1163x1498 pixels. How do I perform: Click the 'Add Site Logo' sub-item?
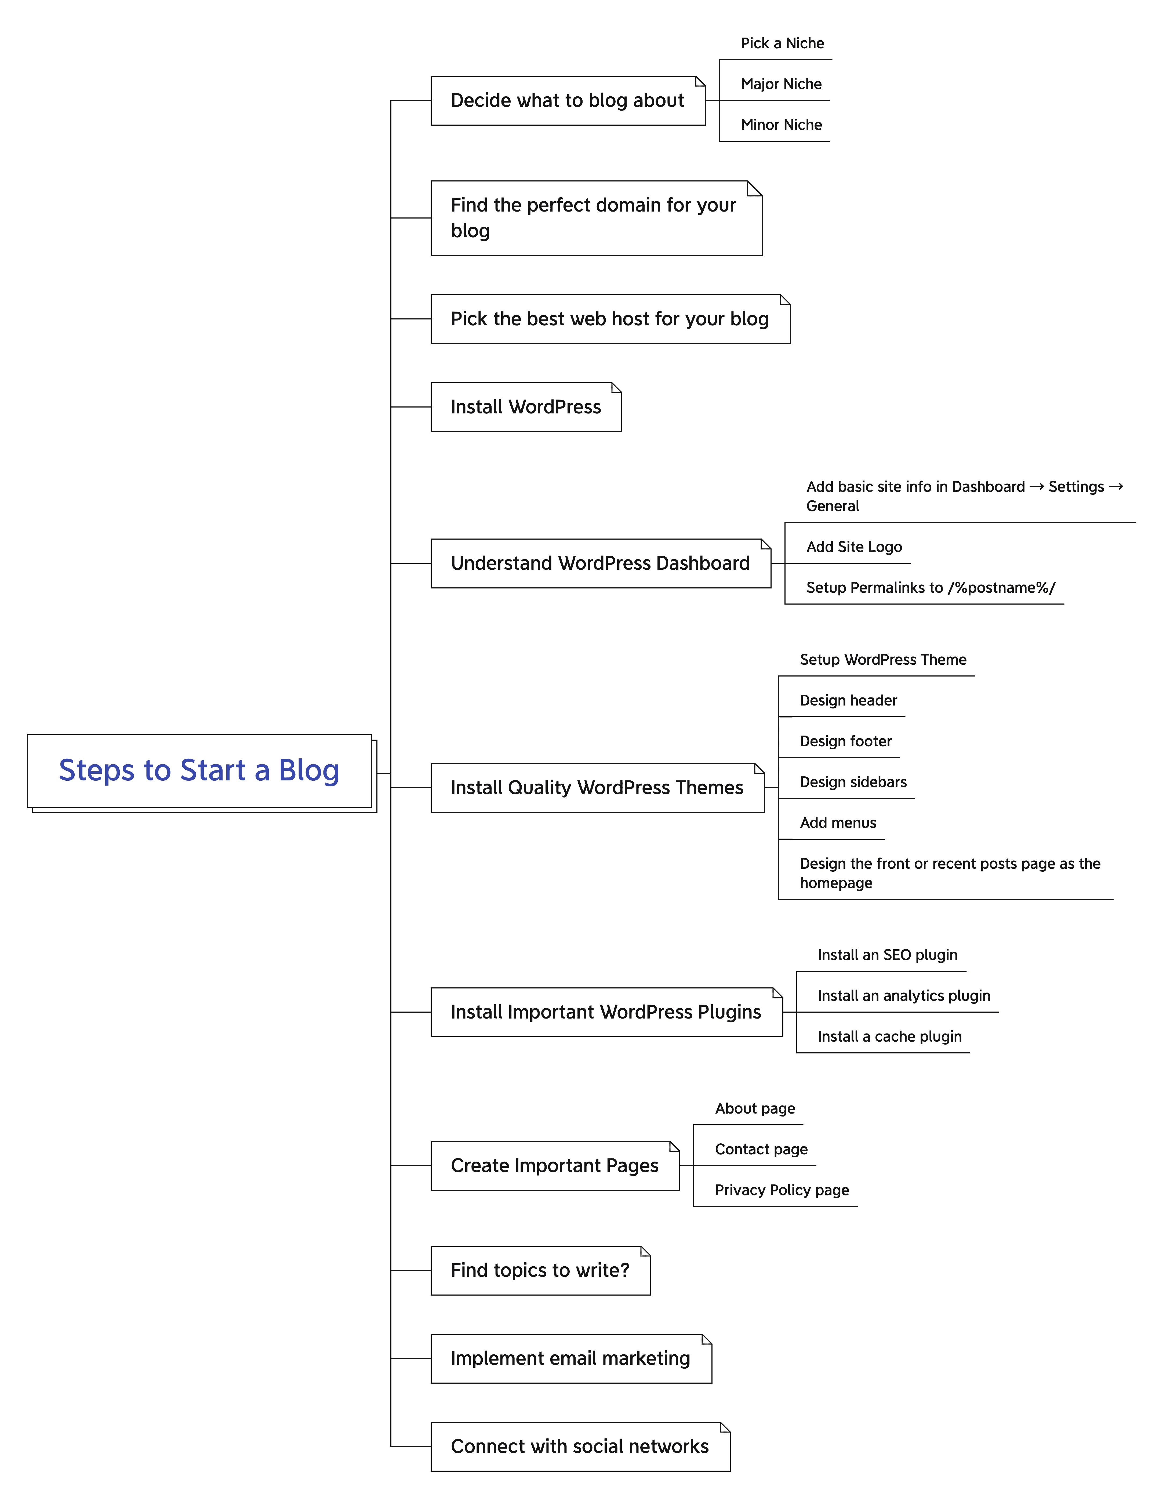coord(854,547)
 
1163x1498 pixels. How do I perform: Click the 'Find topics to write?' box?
coord(540,1271)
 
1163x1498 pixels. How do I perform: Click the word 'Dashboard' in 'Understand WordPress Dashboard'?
coord(702,564)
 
